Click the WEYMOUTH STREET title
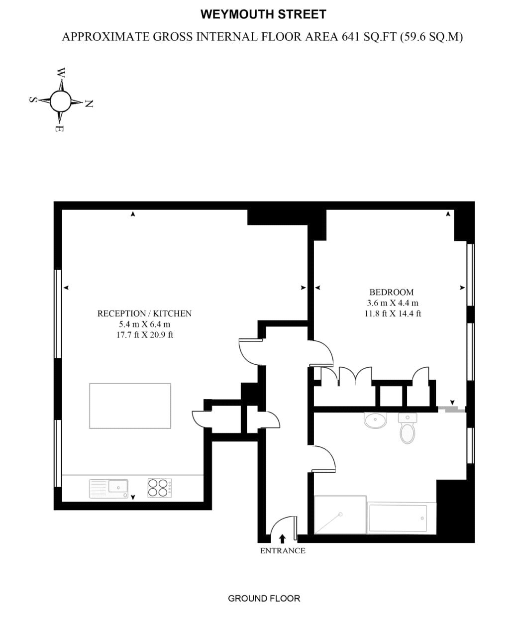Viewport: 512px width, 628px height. (x=263, y=14)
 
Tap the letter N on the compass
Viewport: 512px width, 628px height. (x=89, y=104)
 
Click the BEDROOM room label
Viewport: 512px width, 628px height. (x=391, y=292)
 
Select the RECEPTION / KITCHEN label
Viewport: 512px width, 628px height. (x=144, y=314)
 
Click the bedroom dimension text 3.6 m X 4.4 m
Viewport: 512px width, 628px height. (x=393, y=303)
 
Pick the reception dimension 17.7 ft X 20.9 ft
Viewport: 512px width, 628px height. (x=144, y=335)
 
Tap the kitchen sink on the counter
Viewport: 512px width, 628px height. (x=108, y=488)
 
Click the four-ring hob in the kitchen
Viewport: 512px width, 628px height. (x=159, y=488)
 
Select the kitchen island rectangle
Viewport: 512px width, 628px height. (x=130, y=406)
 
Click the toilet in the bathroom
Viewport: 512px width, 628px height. (x=408, y=429)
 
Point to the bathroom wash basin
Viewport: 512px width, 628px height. (x=375, y=420)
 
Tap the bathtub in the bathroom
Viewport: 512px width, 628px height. (x=402, y=519)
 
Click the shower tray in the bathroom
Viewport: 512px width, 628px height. (x=340, y=515)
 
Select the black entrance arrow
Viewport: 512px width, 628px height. (x=282, y=538)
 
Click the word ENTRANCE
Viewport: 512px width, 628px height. (x=283, y=551)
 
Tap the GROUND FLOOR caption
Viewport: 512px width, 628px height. (x=264, y=598)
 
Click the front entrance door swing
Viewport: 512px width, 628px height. (x=283, y=525)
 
